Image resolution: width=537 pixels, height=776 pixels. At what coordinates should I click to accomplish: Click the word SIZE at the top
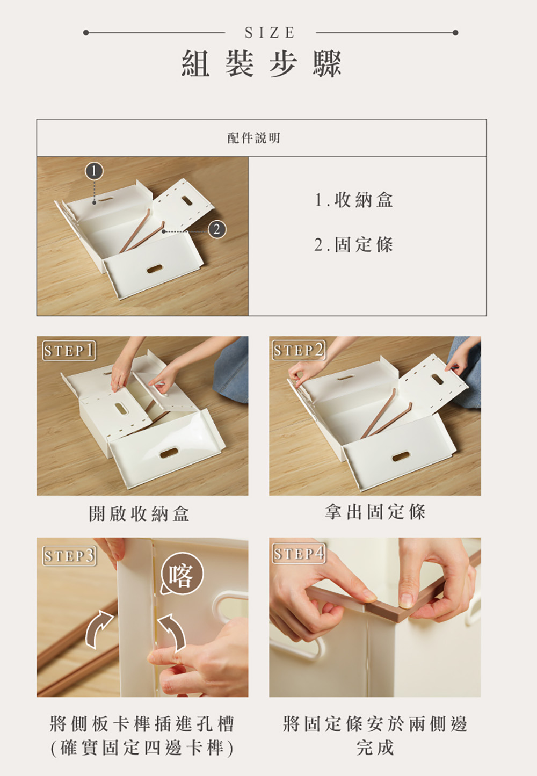270,33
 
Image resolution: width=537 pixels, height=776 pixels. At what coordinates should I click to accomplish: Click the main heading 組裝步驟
262,64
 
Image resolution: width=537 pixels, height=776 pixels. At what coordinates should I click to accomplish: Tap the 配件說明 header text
254,138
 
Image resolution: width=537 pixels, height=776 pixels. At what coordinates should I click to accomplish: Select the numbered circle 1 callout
94,171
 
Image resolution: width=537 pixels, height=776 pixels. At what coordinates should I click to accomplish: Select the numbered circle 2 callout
217,229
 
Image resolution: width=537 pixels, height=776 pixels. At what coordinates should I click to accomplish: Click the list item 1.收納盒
354,200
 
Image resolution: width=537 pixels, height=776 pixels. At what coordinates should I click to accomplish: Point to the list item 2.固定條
354,244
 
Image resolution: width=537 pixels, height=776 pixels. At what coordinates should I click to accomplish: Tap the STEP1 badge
69,351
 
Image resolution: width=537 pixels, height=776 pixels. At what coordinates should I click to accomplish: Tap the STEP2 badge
299,350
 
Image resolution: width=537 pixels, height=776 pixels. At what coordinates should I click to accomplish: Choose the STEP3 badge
69,556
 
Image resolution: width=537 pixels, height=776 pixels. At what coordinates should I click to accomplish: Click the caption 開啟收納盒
139,513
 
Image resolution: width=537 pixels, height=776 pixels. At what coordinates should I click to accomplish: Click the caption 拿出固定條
375,512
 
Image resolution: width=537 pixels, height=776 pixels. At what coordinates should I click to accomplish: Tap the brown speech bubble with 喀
182,574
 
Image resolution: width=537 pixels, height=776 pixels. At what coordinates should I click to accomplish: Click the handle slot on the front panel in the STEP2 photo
401,457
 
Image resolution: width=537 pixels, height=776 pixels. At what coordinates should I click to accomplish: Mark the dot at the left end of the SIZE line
86,33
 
